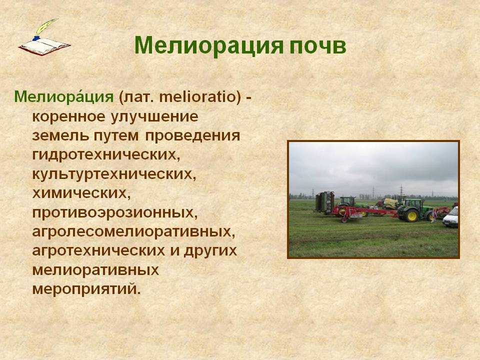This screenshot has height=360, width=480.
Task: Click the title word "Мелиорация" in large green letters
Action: pos(208,46)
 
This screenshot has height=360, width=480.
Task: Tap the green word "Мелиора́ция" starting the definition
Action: pos(64,97)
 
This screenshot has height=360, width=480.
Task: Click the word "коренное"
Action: pos(69,117)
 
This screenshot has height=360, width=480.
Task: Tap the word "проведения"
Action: pos(192,136)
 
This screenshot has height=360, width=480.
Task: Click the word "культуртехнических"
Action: pos(114,174)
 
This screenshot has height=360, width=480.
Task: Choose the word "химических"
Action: pos(81,193)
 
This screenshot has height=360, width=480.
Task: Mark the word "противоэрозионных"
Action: pos(115,213)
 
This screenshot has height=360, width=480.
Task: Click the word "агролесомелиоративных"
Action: pos(134,231)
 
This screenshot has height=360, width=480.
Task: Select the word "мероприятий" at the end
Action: pos(86,289)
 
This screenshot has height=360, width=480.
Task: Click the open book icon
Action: pos(44,46)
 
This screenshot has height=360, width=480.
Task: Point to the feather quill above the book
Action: pos(46,28)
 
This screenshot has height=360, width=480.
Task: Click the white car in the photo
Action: pos(450,217)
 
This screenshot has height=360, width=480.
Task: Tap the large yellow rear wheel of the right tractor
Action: pos(411,215)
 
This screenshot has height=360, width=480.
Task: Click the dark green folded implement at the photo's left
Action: pos(325,202)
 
